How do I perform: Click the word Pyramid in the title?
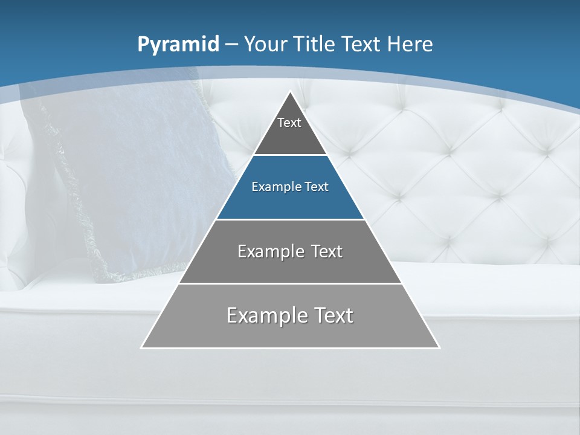178,45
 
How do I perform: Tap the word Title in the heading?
315,44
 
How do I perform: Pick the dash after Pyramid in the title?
231,45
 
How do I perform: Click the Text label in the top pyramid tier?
289,123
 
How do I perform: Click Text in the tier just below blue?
324,251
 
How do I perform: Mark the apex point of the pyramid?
290,92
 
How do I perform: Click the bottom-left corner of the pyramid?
142,347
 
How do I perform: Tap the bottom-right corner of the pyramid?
439,347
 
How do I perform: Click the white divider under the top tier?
290,155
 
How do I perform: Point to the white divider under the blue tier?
290,219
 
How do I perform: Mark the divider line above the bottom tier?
290,283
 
